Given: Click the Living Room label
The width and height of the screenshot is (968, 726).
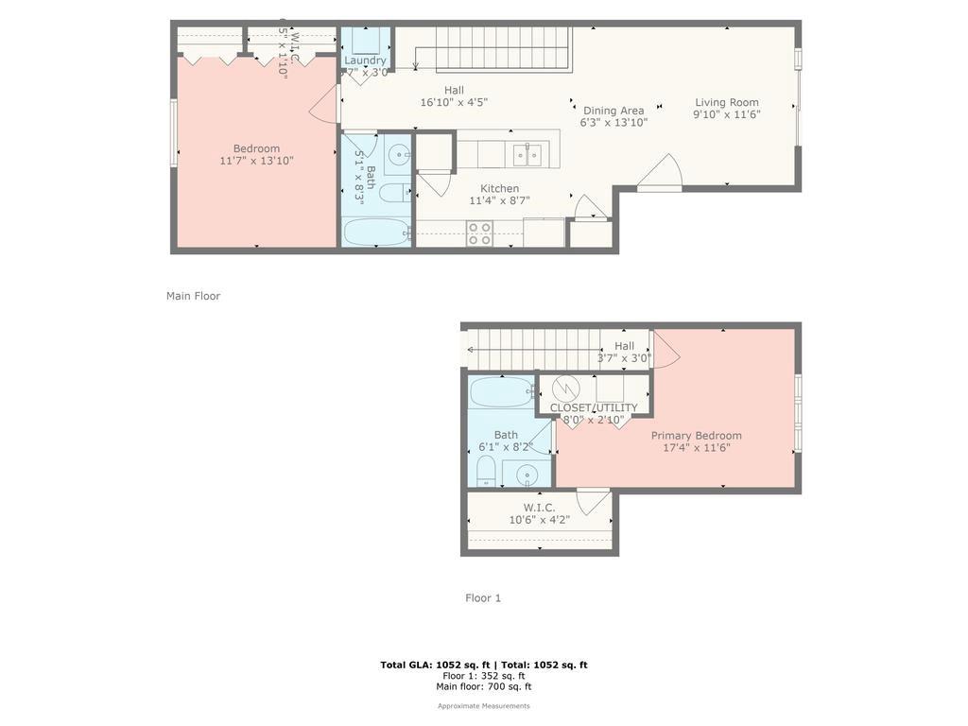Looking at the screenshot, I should point(727,103).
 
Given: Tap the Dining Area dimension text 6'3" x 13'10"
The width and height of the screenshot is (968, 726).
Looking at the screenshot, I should point(614,122).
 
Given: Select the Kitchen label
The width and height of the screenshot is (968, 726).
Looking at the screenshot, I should point(499,188).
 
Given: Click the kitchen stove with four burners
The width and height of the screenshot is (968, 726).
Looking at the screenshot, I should point(480,233).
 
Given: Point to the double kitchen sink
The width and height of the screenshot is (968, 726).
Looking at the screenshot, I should point(527,154).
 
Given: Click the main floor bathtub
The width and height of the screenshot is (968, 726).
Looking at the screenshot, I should point(376,232).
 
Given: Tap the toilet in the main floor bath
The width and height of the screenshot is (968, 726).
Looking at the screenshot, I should point(393,193).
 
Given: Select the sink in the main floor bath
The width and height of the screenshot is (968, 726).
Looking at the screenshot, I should point(399,154).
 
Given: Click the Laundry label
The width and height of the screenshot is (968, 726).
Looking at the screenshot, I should point(365,60).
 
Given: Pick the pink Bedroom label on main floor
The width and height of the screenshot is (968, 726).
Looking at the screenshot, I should point(256,148).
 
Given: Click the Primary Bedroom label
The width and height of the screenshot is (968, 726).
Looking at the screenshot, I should point(696,436).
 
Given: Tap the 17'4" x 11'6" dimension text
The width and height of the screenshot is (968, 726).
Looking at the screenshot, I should point(696,448).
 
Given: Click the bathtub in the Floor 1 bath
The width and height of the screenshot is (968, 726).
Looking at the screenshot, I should point(501,391).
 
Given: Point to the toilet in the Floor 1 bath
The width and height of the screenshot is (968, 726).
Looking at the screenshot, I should point(486,470).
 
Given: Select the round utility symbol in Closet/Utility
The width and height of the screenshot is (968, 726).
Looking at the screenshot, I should point(565,388).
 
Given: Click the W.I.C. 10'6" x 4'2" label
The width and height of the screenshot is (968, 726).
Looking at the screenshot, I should point(539,513).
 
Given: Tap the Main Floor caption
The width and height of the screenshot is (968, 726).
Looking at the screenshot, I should point(193,296).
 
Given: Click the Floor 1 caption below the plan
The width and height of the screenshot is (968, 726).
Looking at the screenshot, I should point(483,597).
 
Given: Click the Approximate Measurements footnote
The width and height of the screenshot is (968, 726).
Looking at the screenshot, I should point(483,706).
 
